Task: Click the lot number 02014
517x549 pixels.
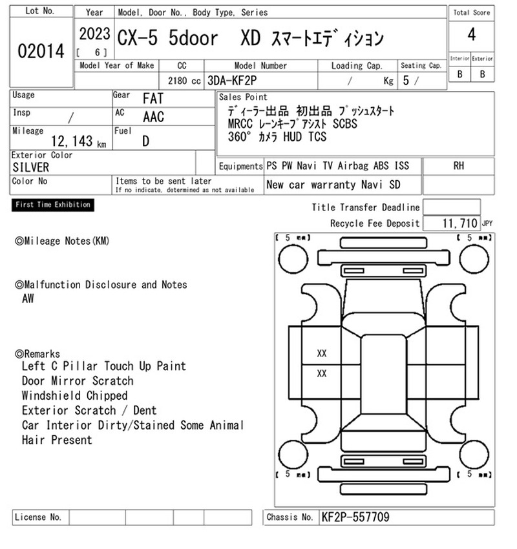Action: (x=41, y=51)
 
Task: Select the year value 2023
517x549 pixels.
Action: (x=94, y=34)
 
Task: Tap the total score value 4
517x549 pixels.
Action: (x=472, y=35)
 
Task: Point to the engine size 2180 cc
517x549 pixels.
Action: (x=184, y=81)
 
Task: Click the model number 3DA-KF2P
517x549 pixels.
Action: (x=232, y=81)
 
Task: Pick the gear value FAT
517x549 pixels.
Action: (x=153, y=99)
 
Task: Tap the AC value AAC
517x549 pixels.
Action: (x=153, y=117)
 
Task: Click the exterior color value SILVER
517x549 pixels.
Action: (x=31, y=167)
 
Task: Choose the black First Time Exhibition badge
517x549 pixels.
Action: (x=53, y=205)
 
